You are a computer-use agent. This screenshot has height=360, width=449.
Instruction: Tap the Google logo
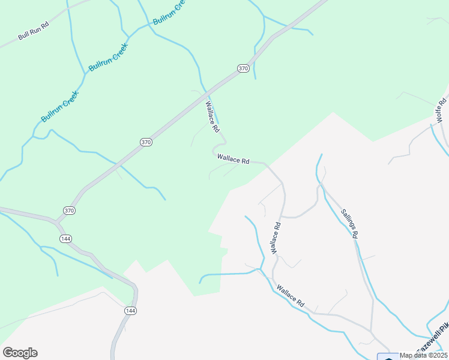[x=20, y=353]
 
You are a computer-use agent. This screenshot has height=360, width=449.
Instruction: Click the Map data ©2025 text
[x=423, y=355]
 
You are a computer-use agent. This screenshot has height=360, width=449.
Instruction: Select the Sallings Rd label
[x=349, y=224]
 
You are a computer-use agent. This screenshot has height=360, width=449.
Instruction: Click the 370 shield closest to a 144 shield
[x=69, y=211]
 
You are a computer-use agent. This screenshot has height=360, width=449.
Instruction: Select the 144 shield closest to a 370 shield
[x=65, y=239]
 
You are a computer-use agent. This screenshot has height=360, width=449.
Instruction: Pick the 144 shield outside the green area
[x=130, y=310]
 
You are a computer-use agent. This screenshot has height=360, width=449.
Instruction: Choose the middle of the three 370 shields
[x=146, y=142]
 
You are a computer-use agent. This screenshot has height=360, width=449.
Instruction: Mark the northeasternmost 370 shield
[x=243, y=68]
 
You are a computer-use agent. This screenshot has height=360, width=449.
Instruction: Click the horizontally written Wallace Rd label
[x=233, y=159]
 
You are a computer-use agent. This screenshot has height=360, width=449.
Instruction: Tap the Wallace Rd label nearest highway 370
[x=212, y=116]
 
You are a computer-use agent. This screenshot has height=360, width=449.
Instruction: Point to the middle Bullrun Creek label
[x=109, y=58]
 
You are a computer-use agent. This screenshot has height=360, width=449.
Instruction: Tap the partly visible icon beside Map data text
[x=387, y=356]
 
